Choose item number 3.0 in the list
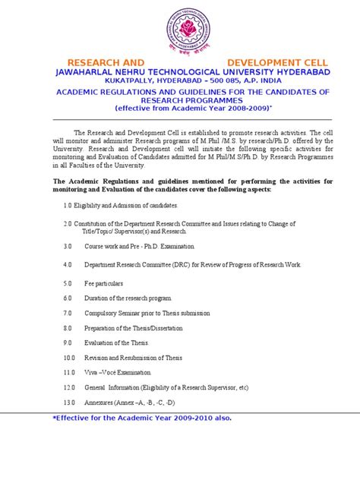[68, 247]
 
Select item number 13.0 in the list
[69, 402]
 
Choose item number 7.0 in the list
[68, 313]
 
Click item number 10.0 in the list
[69, 357]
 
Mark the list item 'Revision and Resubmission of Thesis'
[133, 357]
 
